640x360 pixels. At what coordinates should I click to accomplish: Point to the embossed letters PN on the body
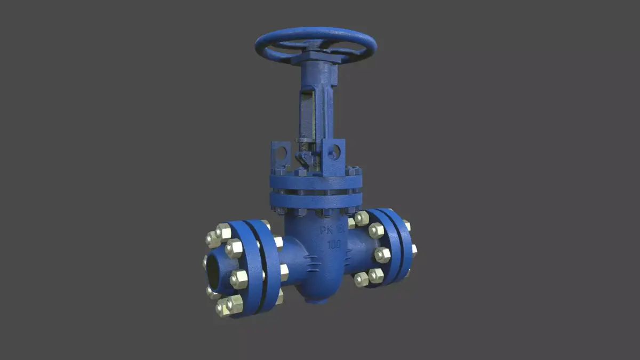[x=326, y=230]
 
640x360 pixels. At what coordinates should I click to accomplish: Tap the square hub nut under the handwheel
[x=316, y=55]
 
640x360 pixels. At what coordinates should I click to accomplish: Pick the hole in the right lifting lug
[x=335, y=152]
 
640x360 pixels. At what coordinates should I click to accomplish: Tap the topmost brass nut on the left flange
[x=223, y=231]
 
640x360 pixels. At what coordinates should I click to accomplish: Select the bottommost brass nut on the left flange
[x=223, y=308]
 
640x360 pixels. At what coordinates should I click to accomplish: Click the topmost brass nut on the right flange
[x=362, y=218]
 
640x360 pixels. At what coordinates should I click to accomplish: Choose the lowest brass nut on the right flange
[x=362, y=278]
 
